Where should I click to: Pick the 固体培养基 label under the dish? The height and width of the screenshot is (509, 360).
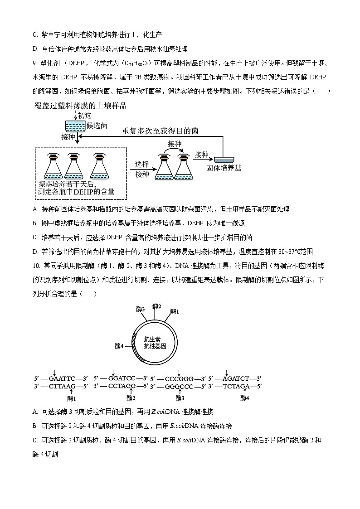pyautogui.click(x=223, y=168)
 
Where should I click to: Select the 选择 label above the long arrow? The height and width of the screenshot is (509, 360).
pyautogui.click(x=142, y=165)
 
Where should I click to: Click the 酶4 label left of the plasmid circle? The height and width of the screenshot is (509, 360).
pyautogui.click(x=119, y=346)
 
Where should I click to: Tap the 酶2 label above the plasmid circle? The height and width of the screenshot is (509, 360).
pyautogui.click(x=156, y=306)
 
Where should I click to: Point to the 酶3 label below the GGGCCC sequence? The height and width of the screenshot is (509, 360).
pyautogui.click(x=180, y=398)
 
